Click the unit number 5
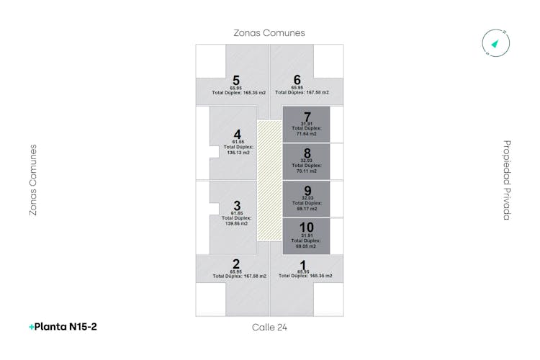pyautogui.click(x=236, y=80)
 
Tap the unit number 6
pyautogui.click(x=297, y=80)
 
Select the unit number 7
pyautogui.click(x=307, y=117)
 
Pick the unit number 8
pyautogui.click(x=307, y=153)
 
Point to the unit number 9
pyautogui.click(x=307, y=191)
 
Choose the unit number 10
pyautogui.click(x=307, y=228)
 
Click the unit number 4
pyautogui.click(x=238, y=135)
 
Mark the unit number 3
pyautogui.click(x=237, y=206)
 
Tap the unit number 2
pyautogui.click(x=236, y=264)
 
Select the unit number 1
pyautogui.click(x=303, y=264)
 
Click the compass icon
pyautogui.click(x=495, y=43)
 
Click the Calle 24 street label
pyautogui.click(x=269, y=328)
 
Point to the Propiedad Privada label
pyautogui.click(x=507, y=180)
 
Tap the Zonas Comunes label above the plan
pyautogui.click(x=269, y=33)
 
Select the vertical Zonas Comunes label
pyautogui.click(x=32, y=180)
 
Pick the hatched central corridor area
pyautogui.click(x=269, y=180)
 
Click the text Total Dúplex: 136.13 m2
pyautogui.click(x=238, y=150)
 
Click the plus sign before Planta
pyautogui.click(x=32, y=327)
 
